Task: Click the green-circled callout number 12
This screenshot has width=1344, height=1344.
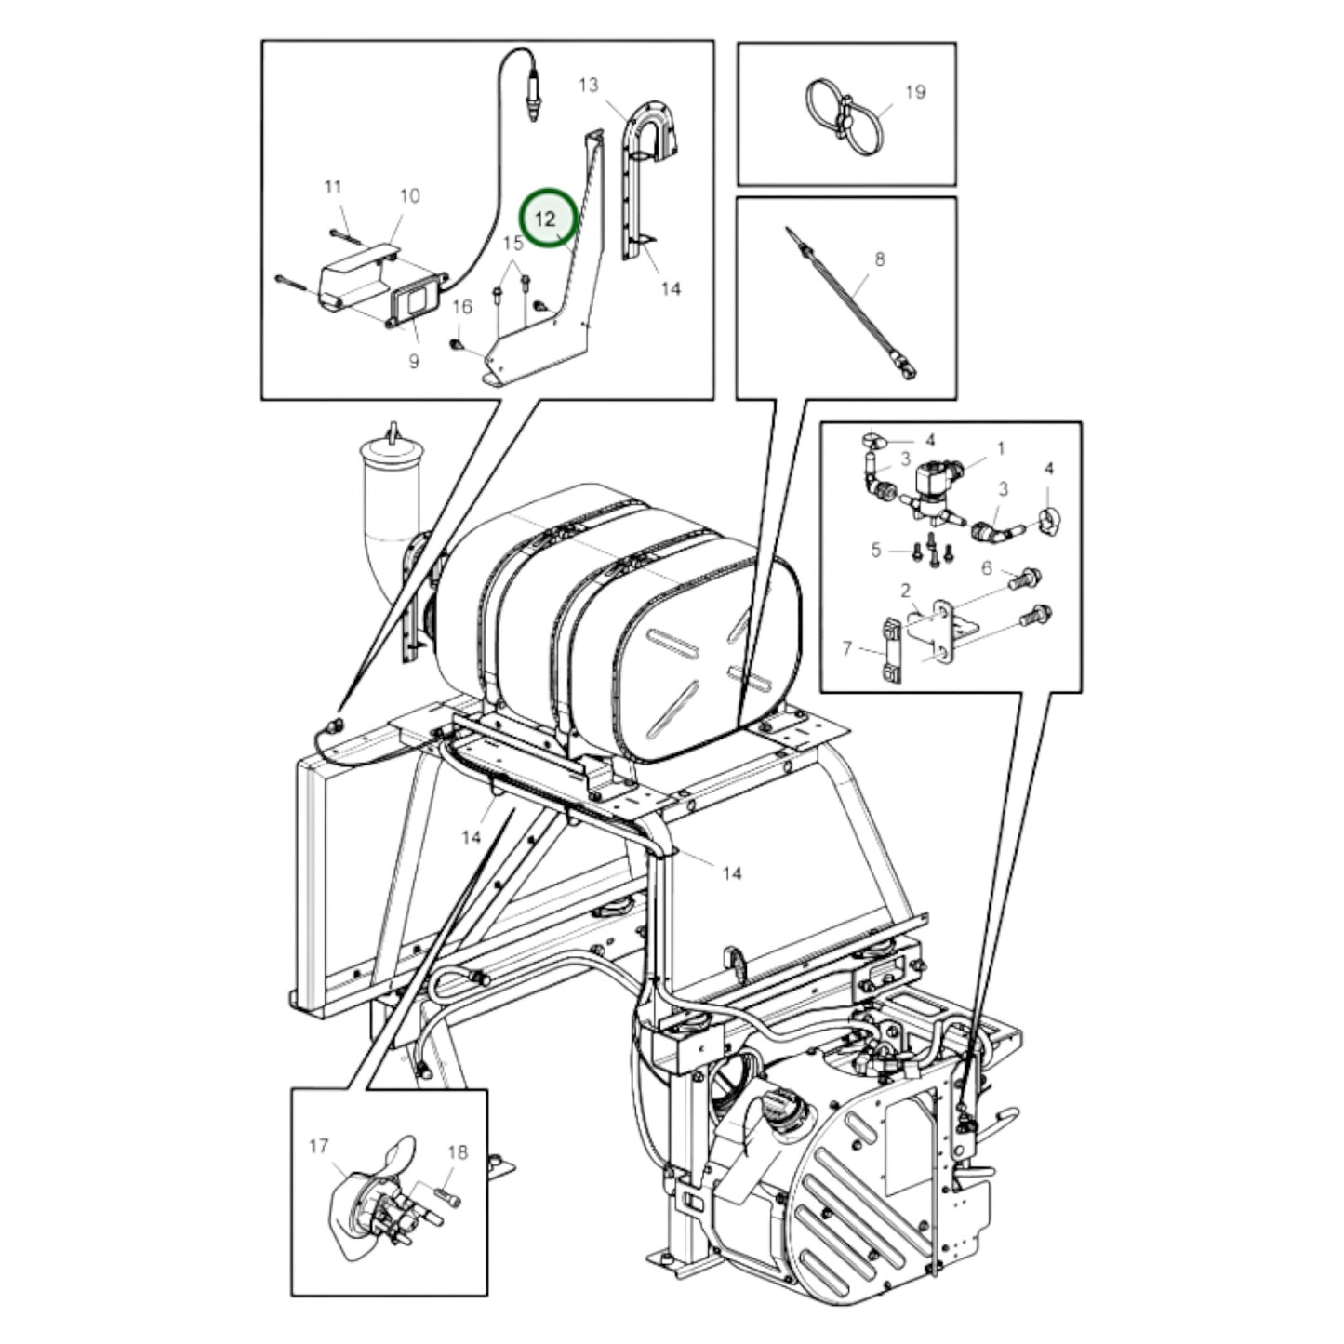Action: coord(546,220)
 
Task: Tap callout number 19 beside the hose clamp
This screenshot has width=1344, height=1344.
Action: coord(915,92)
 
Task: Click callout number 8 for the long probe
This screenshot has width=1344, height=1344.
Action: coord(879,259)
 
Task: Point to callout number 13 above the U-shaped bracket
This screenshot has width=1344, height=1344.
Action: coord(588,86)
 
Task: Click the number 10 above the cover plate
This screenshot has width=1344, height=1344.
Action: coord(409,195)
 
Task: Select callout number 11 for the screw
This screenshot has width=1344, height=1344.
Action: coord(333,187)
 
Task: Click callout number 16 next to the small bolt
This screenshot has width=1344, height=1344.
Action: coord(462,307)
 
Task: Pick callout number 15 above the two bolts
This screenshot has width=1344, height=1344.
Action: coord(513,244)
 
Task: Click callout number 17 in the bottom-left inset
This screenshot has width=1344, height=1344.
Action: coord(318,1146)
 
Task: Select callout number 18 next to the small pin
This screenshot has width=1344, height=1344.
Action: coord(458,1152)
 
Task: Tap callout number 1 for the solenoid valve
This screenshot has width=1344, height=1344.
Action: coord(1001,448)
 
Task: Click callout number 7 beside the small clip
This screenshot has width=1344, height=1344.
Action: coord(846,647)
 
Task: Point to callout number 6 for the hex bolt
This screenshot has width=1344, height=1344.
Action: coord(987,568)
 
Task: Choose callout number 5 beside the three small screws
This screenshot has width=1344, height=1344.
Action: coord(875,551)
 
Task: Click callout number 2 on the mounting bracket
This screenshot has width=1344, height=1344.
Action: coord(904,591)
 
